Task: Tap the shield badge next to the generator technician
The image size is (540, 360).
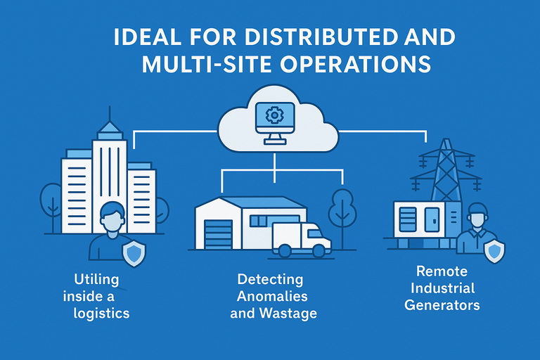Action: click(x=495, y=250)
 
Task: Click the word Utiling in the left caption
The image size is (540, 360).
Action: click(x=97, y=280)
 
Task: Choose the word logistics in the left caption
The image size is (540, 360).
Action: click(x=101, y=313)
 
